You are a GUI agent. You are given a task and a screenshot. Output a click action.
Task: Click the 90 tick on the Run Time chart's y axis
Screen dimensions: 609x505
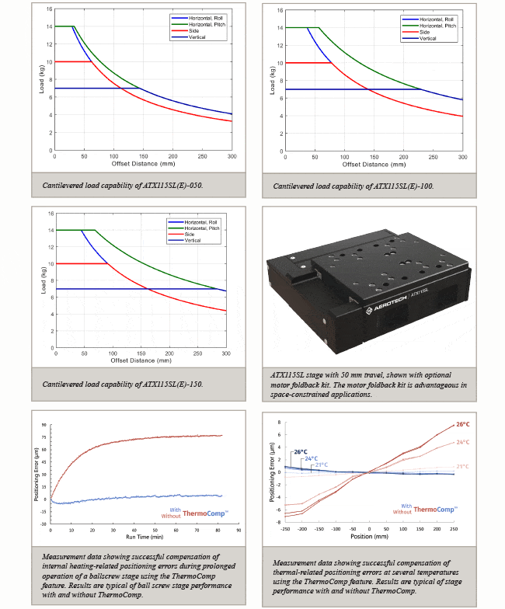click(45, 426)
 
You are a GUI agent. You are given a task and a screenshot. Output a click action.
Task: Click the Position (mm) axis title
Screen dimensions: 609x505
click(369, 537)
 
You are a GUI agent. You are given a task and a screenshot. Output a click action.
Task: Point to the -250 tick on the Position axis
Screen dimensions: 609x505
click(284, 528)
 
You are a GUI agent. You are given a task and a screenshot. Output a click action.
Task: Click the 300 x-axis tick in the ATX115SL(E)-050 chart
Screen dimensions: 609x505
click(232, 156)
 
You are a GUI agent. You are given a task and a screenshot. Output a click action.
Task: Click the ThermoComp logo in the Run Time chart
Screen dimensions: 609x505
click(204, 513)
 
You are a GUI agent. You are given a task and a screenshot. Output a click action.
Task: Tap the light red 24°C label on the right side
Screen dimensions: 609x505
click(463, 443)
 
